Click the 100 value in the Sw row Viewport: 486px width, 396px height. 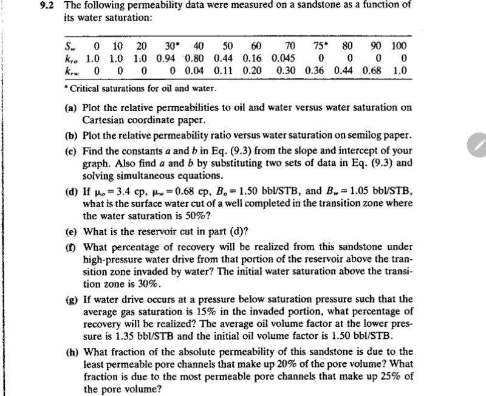(x=399, y=46)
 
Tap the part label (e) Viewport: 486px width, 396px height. (x=70, y=231)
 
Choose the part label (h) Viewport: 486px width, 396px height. (x=71, y=352)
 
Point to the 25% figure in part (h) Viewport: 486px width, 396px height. (x=383, y=377)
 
